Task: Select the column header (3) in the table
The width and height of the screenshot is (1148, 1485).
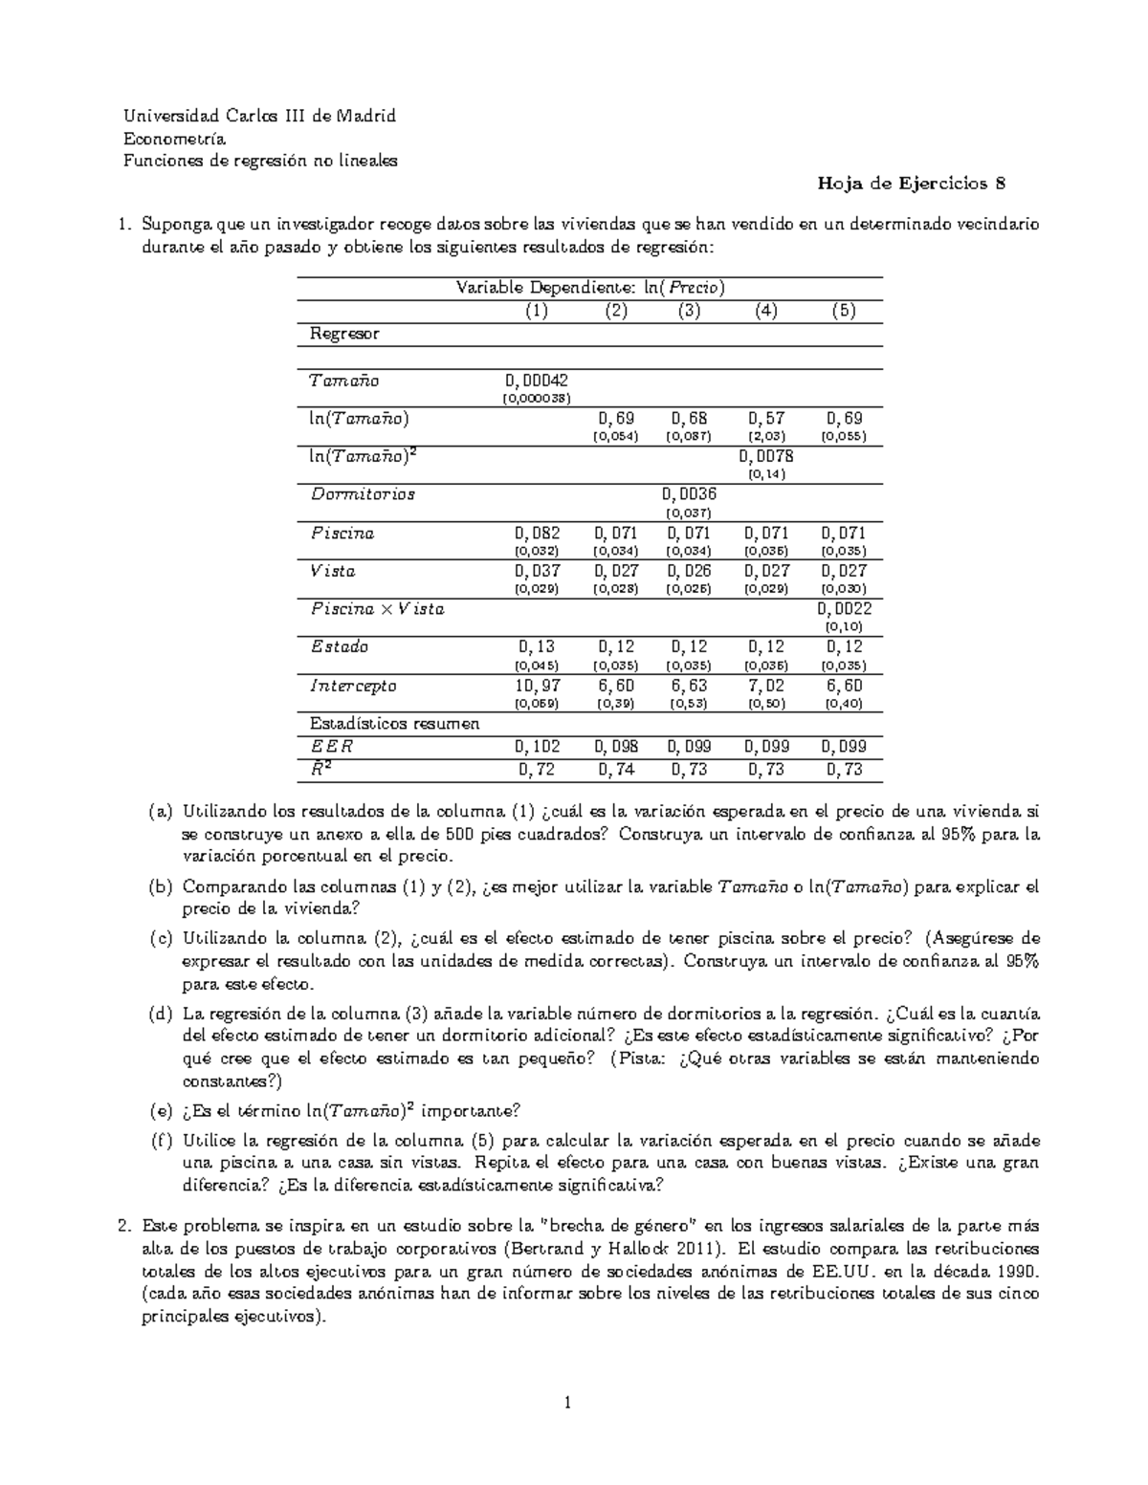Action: (x=688, y=311)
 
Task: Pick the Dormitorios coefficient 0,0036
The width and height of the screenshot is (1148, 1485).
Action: (x=688, y=494)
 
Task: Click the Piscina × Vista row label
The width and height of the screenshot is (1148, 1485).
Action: (x=377, y=609)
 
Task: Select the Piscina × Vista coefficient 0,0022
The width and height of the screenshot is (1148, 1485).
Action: (x=844, y=609)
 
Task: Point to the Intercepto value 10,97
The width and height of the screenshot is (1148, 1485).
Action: (x=537, y=686)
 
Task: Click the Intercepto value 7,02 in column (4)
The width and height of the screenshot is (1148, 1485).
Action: (x=765, y=686)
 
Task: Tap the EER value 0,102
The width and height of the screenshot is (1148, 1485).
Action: (x=537, y=747)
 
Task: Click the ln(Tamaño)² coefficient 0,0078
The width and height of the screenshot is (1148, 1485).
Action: (x=765, y=456)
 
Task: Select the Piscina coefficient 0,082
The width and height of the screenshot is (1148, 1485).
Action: (x=537, y=533)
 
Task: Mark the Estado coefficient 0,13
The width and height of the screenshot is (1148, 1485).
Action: (x=537, y=647)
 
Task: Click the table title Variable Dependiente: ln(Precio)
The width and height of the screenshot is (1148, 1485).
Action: (x=589, y=287)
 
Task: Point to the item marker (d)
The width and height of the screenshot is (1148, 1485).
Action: (x=161, y=1014)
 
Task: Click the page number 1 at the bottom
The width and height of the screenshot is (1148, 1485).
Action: (x=569, y=1403)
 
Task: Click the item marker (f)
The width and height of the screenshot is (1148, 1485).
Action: (x=161, y=1141)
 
